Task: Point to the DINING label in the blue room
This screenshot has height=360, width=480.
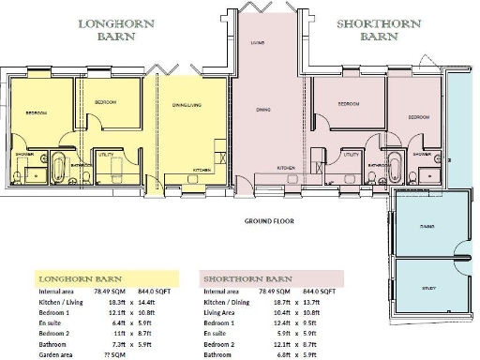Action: [x=427, y=226]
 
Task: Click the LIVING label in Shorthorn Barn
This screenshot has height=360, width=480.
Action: [x=256, y=43]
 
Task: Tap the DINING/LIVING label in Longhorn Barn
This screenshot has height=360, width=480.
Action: [x=188, y=105]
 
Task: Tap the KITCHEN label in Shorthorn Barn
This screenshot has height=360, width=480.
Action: [x=286, y=167]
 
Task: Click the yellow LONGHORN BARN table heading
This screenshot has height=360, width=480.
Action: [x=75, y=279]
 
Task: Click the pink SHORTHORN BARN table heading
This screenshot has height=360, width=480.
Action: [x=247, y=279]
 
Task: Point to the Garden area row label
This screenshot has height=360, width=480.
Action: [x=47, y=355]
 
